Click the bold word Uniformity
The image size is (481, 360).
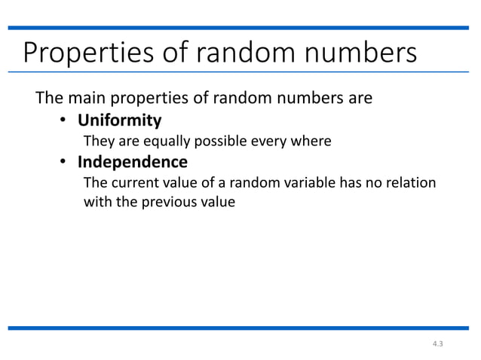[x=121, y=120]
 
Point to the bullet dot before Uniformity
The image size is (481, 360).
[x=65, y=121]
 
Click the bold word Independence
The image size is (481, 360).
[x=133, y=161]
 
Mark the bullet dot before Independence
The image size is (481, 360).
[x=65, y=162]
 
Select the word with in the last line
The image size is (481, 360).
[x=96, y=202]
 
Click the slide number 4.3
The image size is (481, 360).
[x=437, y=344]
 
